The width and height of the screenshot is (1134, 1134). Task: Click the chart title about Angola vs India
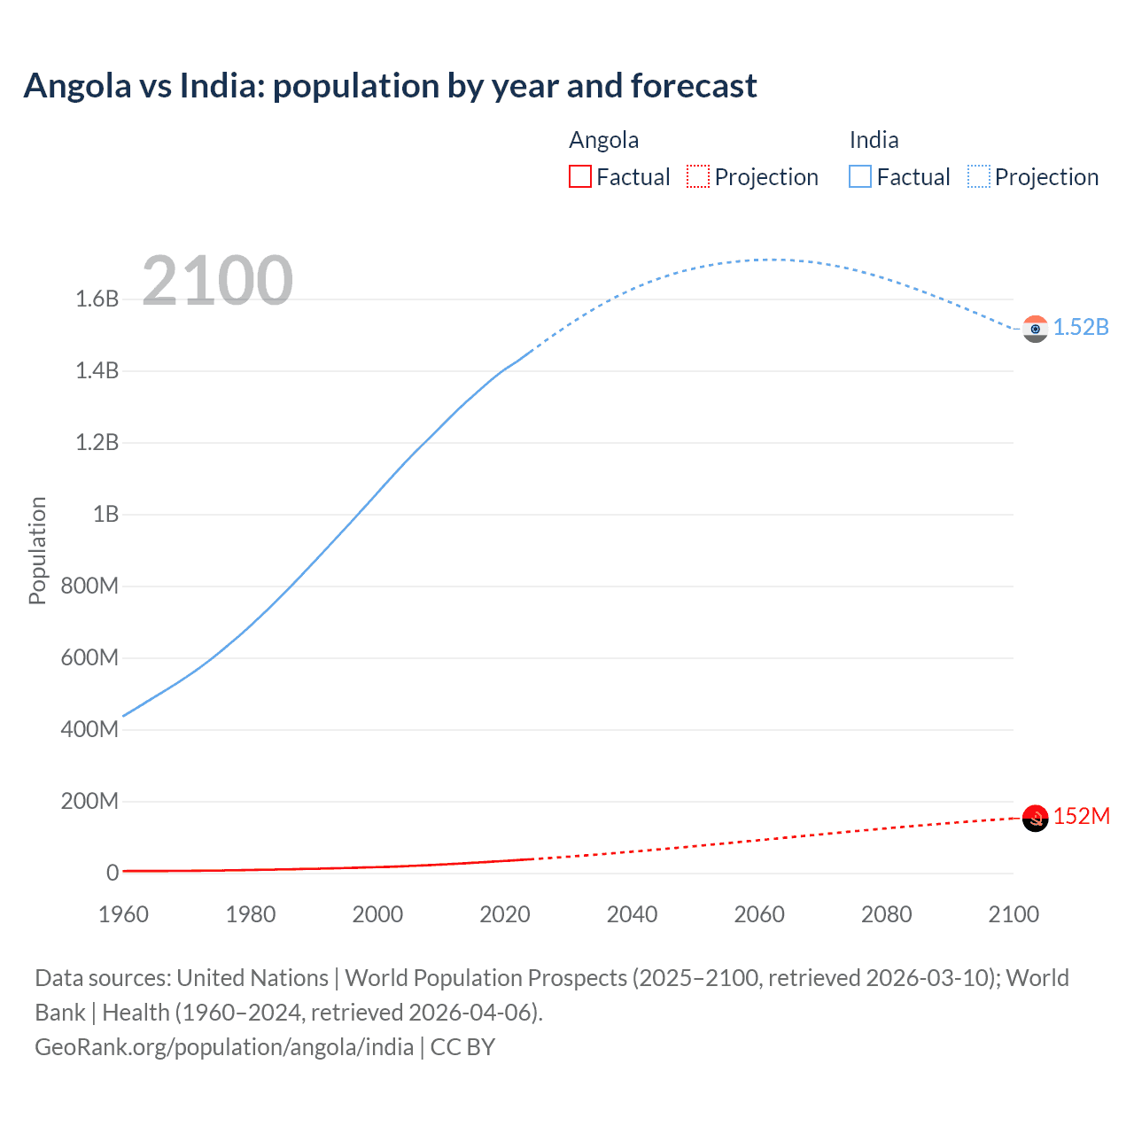point(390,86)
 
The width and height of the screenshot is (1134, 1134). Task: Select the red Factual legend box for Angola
point(579,177)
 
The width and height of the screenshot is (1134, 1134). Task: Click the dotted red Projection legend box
point(698,177)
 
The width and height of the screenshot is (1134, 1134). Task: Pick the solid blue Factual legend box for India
point(860,177)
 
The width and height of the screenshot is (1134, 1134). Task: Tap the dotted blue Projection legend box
point(979,177)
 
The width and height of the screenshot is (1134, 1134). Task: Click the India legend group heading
point(874,140)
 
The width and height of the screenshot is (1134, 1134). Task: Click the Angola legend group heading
point(603,140)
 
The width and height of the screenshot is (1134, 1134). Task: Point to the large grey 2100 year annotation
point(217,281)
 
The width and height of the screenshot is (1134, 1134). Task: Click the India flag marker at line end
point(1035,329)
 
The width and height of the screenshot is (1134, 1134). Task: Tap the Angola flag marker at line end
point(1035,818)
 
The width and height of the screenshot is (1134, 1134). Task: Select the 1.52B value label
point(1081,327)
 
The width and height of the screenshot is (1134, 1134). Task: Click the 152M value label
point(1081,816)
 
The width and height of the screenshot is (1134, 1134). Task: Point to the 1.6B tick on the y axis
point(97,299)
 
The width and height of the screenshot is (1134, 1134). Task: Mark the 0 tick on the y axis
point(113,873)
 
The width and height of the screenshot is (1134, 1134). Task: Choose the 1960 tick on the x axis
point(123,914)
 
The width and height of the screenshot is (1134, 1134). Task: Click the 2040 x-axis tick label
point(632,914)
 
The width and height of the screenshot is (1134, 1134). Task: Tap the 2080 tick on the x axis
point(886,914)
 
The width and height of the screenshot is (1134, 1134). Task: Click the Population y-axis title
point(37,550)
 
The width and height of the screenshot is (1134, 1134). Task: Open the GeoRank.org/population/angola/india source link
point(224,1047)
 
